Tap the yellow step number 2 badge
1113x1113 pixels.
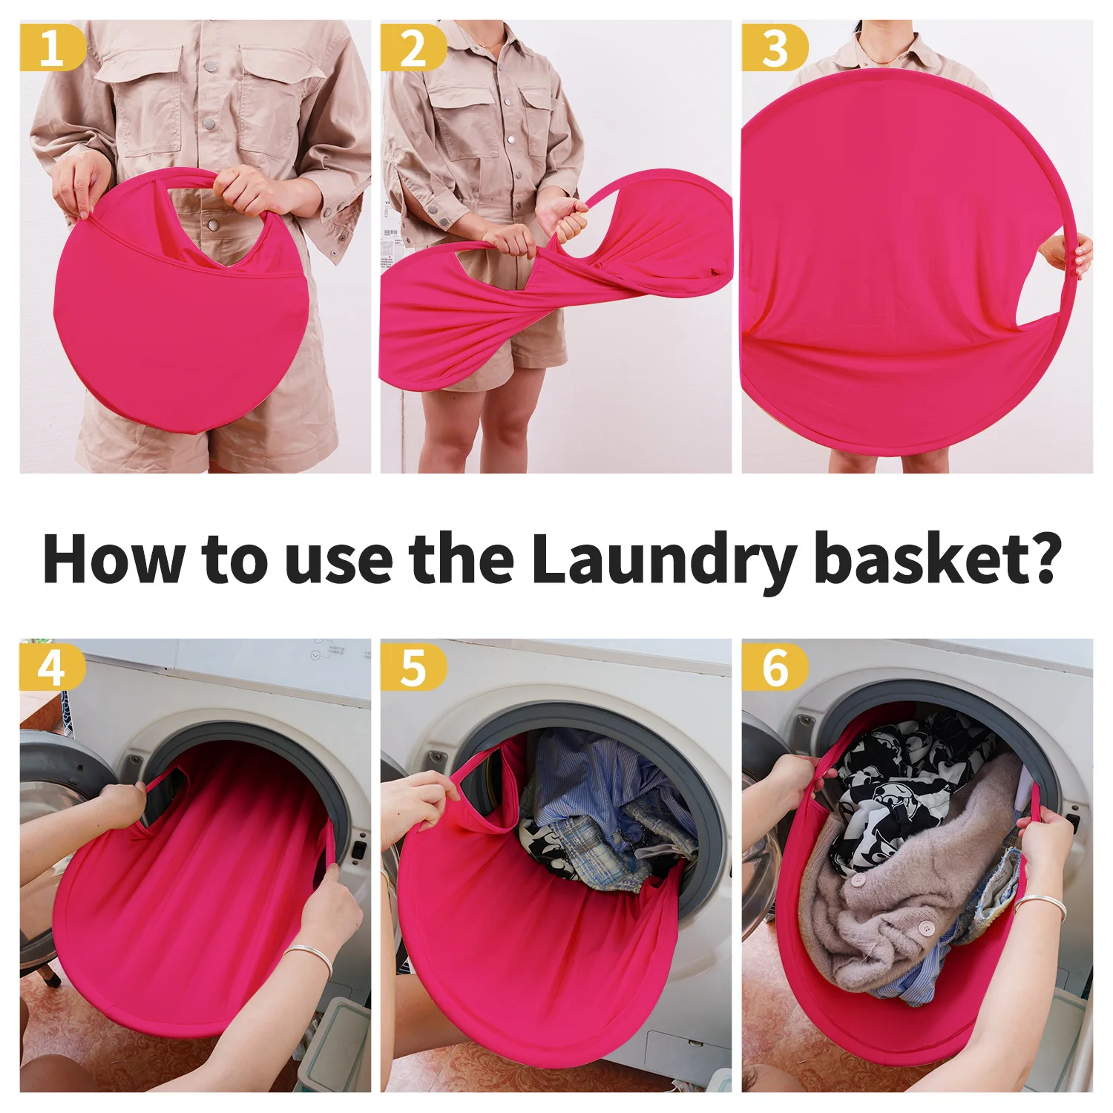coord(413,47)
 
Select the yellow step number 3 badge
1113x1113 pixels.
coord(774,47)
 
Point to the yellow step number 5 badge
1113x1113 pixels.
coord(413,666)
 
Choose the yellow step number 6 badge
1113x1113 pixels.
coord(774,666)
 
